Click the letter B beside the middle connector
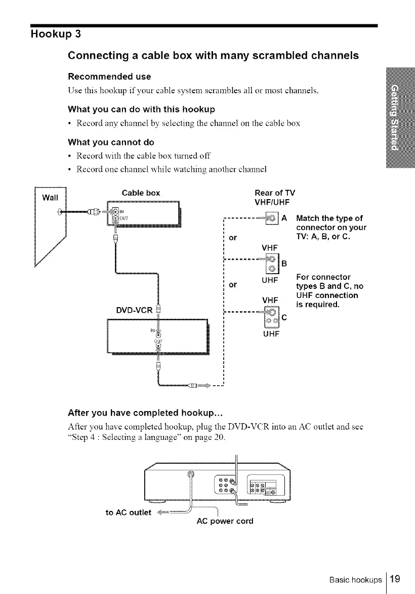[284, 263]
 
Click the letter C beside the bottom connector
[284, 318]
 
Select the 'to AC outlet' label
[128, 512]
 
